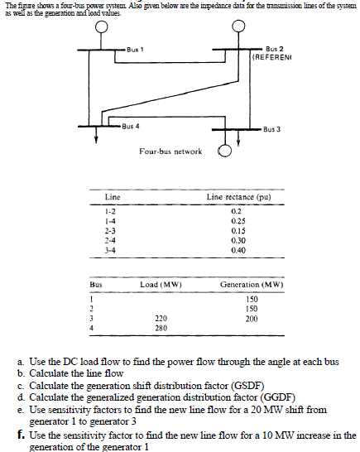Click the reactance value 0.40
pyautogui.click(x=239, y=248)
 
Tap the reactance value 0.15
pyautogui.click(x=239, y=230)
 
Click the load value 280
pyautogui.click(x=161, y=328)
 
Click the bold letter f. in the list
pyautogui.click(x=20, y=435)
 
